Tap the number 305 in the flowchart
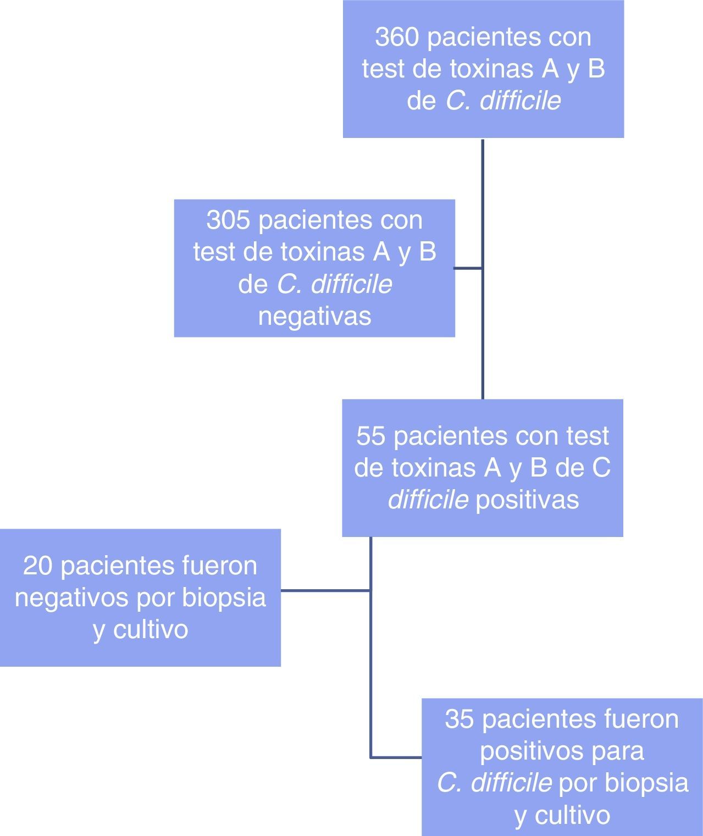[228, 220]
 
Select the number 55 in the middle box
[370, 436]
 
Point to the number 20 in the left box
[37, 566]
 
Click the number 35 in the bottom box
[459, 719]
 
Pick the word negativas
[314, 317]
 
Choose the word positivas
[527, 500]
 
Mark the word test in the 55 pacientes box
[587, 436]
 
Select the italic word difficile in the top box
[520, 101]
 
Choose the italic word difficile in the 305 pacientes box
[351, 285]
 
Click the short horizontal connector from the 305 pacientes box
[468, 269]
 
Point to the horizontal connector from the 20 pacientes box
[325, 590]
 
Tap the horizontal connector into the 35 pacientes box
[396, 757]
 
